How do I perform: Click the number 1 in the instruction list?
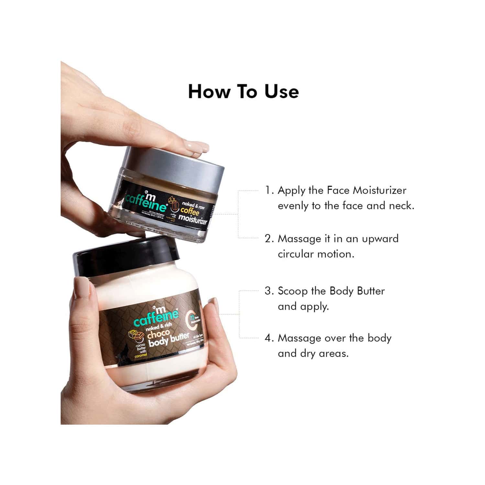click(268, 190)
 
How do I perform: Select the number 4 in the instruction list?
click(269, 338)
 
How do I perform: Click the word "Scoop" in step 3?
click(292, 291)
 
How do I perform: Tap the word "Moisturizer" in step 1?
click(379, 190)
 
